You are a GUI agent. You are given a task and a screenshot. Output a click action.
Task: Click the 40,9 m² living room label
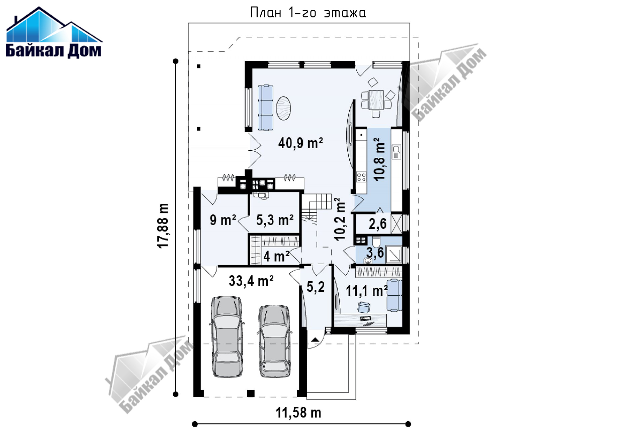[300, 143]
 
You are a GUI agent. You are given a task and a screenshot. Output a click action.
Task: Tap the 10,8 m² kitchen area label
[379, 159]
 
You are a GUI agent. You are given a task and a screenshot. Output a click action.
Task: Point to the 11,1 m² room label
[367, 290]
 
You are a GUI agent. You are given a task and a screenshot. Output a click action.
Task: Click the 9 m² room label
[223, 220]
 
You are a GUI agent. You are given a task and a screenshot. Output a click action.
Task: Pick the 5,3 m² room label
[275, 220]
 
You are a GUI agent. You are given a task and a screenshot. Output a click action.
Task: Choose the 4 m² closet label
[276, 256]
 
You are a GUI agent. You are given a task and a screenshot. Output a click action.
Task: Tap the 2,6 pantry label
[377, 224]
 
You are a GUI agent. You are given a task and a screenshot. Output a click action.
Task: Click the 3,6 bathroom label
[375, 252]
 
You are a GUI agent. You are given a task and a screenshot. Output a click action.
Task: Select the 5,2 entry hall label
[316, 287]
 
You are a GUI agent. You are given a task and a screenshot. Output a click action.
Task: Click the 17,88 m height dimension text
[163, 226]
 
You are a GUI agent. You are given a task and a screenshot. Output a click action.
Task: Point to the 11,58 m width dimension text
[298, 413]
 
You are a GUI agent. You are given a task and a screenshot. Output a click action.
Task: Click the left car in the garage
[227, 337]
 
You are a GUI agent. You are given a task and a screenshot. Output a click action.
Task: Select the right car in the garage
[275, 341]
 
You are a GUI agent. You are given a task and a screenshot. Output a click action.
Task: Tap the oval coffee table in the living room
[283, 108]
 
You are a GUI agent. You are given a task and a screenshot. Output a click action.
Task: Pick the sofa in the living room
[265, 108]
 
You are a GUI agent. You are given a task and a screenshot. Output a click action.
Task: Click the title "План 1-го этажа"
[308, 13]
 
